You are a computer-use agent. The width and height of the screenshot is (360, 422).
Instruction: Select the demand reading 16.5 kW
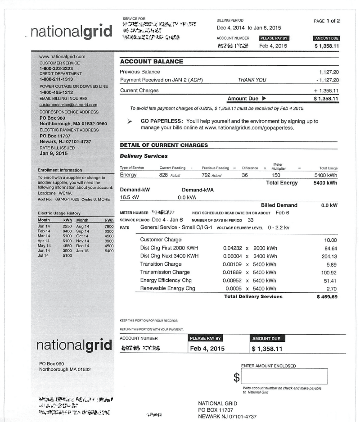coord(129,197)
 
